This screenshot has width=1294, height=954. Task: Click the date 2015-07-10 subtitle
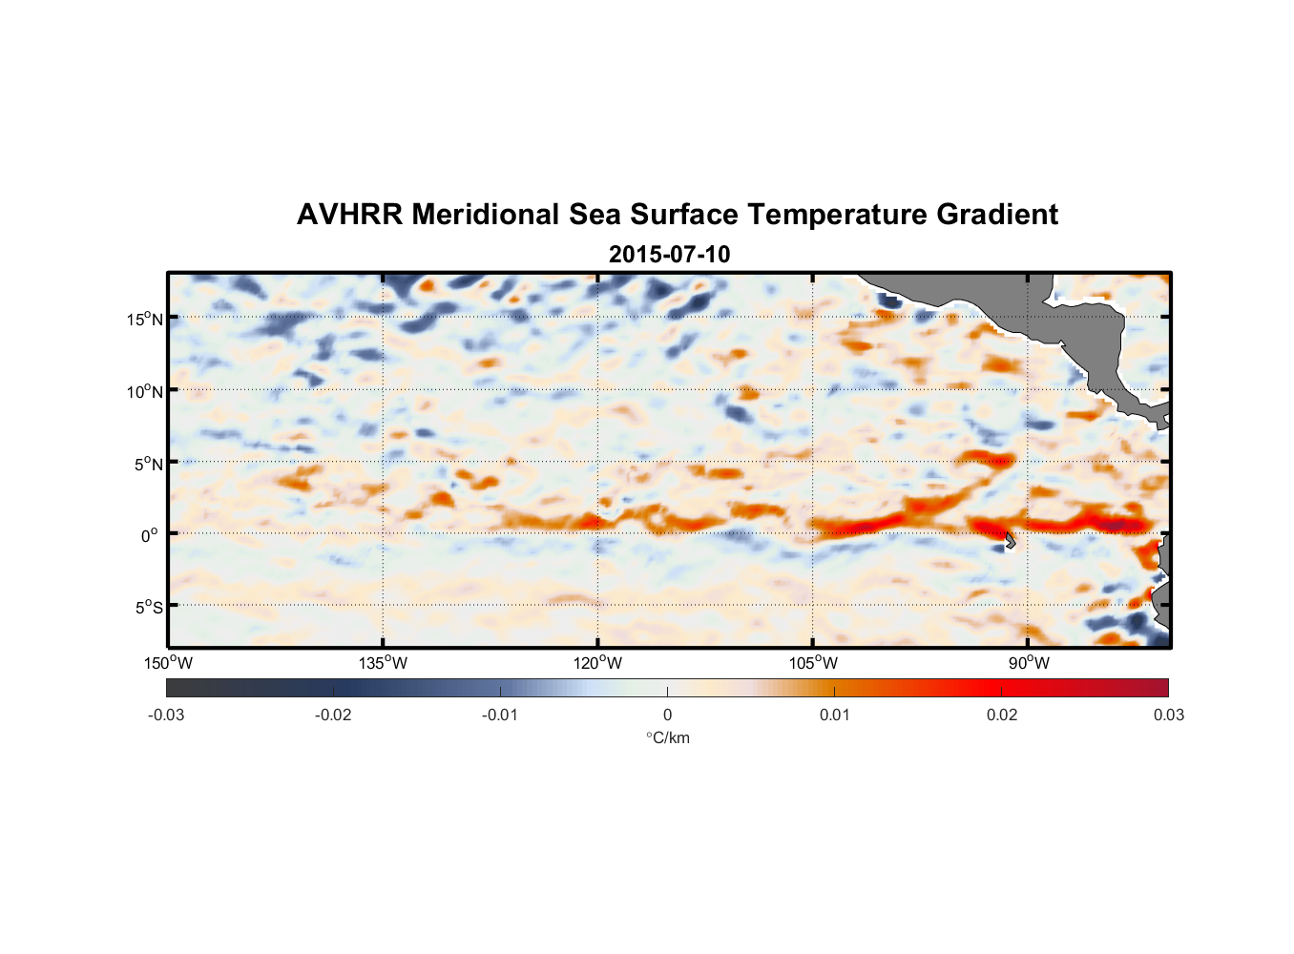click(669, 254)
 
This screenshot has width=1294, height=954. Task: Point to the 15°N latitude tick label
click(145, 319)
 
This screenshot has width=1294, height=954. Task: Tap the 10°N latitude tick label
click(145, 391)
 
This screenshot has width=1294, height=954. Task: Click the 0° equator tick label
click(150, 535)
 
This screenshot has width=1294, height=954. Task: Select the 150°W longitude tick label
click(168, 663)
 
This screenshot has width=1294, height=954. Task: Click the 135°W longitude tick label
click(383, 663)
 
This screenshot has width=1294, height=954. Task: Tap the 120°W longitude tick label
click(597, 663)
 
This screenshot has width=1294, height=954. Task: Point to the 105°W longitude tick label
click(813, 663)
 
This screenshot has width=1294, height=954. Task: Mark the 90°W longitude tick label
click(1029, 663)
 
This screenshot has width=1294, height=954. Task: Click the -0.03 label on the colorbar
click(166, 715)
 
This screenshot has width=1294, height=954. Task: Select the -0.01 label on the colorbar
click(500, 715)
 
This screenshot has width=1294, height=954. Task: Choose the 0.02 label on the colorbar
click(1002, 715)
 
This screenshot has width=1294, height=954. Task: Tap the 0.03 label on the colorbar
click(1168, 715)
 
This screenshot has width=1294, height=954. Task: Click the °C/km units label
click(667, 737)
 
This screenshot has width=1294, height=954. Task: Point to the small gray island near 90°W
click(1011, 540)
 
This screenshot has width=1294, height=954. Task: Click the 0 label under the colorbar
click(667, 715)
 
